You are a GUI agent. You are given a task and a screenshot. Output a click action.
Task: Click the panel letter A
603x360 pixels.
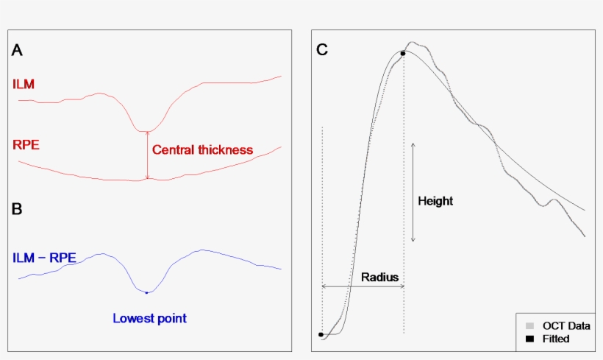[17, 50]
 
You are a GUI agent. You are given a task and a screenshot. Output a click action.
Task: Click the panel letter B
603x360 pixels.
[17, 208]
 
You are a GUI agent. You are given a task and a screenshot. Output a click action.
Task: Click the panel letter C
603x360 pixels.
[321, 50]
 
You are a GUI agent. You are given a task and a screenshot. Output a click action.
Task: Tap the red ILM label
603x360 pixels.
[24, 84]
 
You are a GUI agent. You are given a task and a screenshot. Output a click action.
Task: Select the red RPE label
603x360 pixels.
[26, 144]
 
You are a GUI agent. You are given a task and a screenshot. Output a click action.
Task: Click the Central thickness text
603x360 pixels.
[202, 150]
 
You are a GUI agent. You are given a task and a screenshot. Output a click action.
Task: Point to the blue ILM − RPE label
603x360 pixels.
[44, 258]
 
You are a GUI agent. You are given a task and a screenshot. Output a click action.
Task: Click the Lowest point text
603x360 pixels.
[149, 319]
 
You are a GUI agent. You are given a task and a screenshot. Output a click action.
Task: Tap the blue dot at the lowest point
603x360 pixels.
[147, 293]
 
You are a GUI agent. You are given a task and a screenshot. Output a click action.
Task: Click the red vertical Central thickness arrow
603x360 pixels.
[147, 155]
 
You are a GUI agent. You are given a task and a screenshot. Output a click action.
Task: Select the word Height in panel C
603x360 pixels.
[435, 201]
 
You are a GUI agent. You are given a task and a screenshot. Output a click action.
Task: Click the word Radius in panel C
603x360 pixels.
[379, 278]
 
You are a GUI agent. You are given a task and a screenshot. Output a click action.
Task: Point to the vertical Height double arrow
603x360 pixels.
[413, 191]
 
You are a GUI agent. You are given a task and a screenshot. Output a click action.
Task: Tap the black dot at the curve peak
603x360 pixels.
[402, 53]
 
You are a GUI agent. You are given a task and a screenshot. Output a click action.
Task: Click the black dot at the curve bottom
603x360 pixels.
[321, 334]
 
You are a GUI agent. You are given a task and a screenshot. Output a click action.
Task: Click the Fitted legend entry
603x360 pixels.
[555, 339]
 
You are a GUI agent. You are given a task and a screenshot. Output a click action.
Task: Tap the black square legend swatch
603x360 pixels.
[529, 339]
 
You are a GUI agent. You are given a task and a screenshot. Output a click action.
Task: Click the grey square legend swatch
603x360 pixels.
[529, 325]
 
